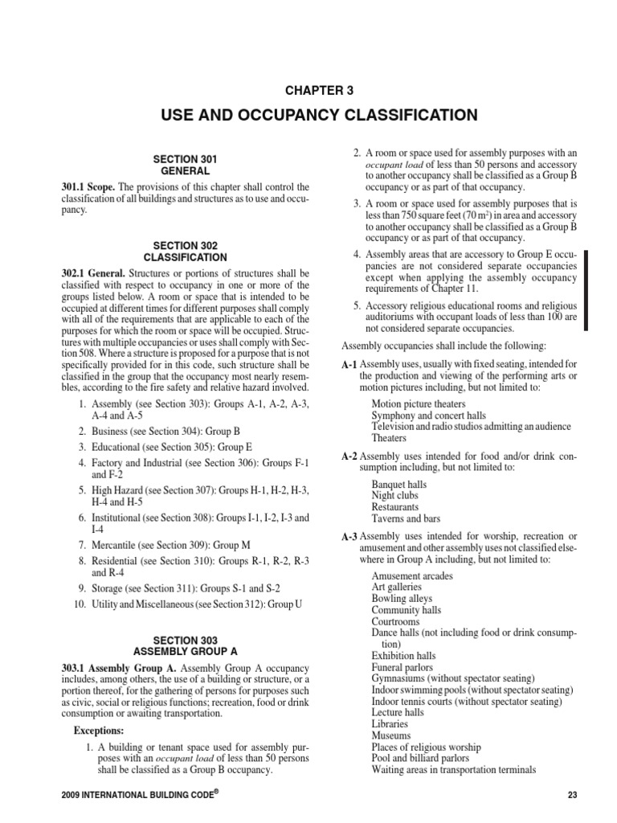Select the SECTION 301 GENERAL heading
coord(185,166)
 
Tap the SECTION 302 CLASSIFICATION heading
coord(185,252)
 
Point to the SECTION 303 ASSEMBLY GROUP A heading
coord(185,645)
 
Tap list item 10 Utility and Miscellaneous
coord(186,604)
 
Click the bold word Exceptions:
coord(99,732)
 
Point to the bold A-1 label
coord(349,365)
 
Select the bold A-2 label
coord(349,456)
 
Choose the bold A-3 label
coord(349,536)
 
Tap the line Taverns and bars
coord(407,519)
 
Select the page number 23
coord(572,796)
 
